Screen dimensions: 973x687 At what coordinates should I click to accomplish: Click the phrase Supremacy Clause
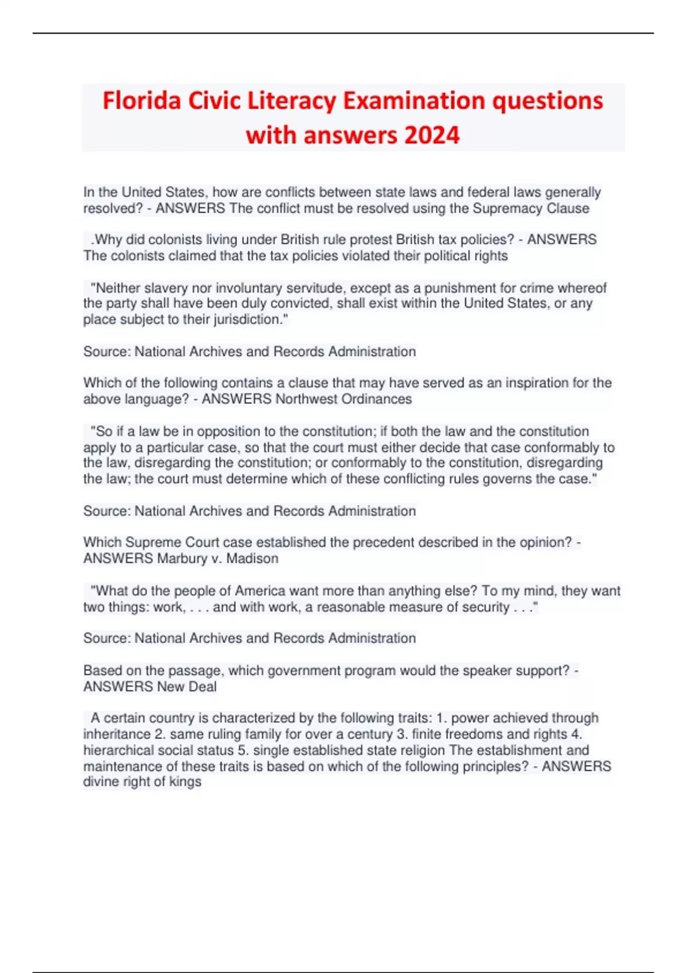coord(531,208)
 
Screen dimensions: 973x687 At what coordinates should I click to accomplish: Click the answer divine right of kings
coord(142,782)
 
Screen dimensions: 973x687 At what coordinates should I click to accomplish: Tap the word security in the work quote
coord(480,607)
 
